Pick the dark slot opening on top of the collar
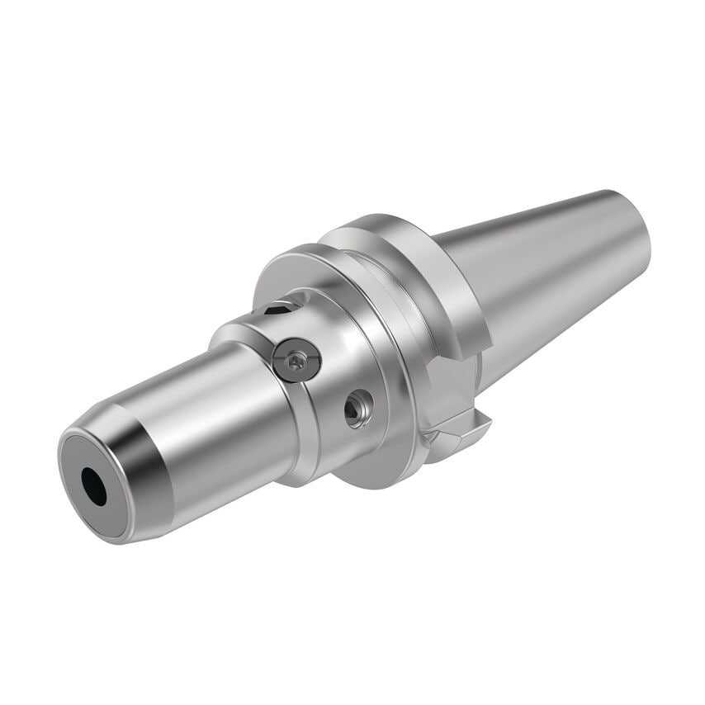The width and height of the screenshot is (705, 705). tap(278, 310)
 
